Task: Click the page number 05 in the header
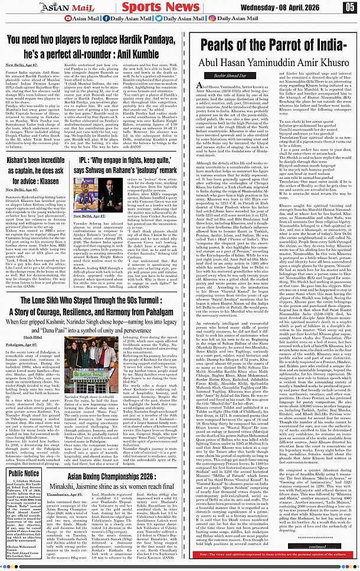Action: (x=349, y=8)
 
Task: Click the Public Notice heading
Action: (x=24, y=456)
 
